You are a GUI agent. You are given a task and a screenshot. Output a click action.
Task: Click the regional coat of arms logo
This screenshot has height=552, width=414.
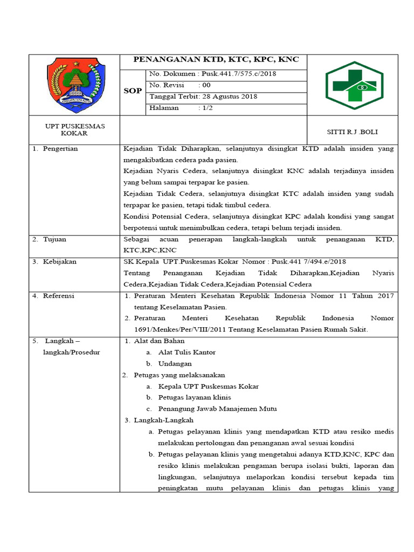pyautogui.click(x=74, y=85)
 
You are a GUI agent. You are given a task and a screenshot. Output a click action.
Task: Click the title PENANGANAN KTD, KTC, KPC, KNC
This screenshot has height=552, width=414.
pyautogui.click(x=216, y=60)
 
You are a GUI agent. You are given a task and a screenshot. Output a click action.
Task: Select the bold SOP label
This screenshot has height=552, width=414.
pyautogui.click(x=133, y=91)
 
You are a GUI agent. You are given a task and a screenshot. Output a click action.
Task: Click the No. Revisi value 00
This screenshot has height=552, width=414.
pyautogui.click(x=206, y=85)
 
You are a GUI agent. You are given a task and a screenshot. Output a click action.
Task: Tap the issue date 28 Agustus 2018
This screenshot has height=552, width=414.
pyautogui.click(x=219, y=96)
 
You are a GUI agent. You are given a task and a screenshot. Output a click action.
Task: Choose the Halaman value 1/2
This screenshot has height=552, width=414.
pyautogui.click(x=206, y=108)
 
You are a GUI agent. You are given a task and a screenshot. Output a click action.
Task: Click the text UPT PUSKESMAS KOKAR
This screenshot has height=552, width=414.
pyautogui.click(x=74, y=129)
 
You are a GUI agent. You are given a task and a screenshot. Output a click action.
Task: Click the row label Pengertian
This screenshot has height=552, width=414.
pyautogui.click(x=60, y=149)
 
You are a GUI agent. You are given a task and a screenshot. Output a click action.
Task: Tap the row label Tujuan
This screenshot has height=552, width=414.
pyautogui.click(x=54, y=239)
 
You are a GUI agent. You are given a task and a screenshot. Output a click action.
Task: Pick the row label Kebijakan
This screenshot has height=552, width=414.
pyautogui.click(x=60, y=261)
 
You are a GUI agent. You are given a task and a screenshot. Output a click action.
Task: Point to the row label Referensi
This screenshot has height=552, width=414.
pyautogui.click(x=59, y=295)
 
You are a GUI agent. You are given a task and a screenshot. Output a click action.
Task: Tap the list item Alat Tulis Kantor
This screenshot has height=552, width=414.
pyautogui.click(x=187, y=352)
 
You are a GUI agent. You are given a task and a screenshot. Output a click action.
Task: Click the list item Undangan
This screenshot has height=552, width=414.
pyautogui.click(x=175, y=363)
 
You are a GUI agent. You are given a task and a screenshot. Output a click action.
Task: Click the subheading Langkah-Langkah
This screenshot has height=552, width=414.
pyautogui.click(x=163, y=420)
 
